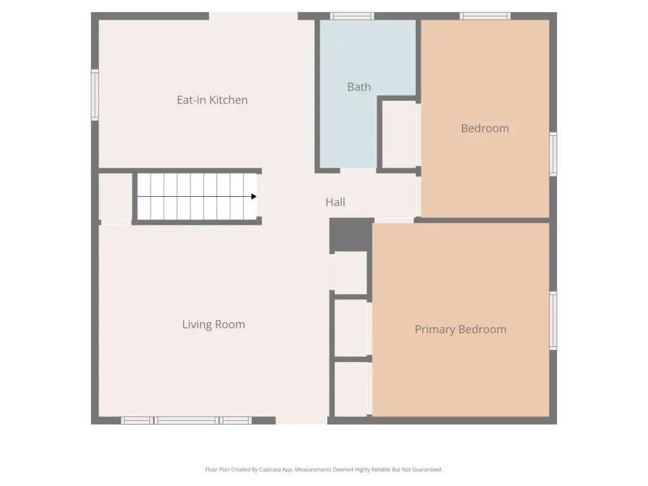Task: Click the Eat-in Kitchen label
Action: tap(212, 100)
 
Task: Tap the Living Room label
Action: tap(214, 325)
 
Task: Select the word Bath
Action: tap(359, 87)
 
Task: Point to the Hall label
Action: tap(335, 202)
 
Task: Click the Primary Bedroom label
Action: tap(461, 329)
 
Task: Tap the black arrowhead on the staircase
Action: tap(254, 197)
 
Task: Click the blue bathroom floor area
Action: tap(348, 124)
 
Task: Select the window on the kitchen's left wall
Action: tap(95, 95)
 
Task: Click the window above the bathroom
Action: tap(352, 16)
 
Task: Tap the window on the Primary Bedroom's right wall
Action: tap(553, 321)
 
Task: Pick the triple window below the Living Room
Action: tap(187, 421)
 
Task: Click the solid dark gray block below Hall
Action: tap(352, 234)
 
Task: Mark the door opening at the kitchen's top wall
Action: tap(253, 16)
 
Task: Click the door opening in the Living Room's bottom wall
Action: tap(302, 421)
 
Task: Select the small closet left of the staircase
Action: tap(116, 197)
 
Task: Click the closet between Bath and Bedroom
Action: tap(399, 134)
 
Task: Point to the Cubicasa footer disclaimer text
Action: tap(323, 470)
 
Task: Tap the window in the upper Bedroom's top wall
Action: tap(485, 16)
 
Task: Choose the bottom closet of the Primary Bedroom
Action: tap(351, 389)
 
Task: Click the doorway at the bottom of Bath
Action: tap(358, 170)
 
